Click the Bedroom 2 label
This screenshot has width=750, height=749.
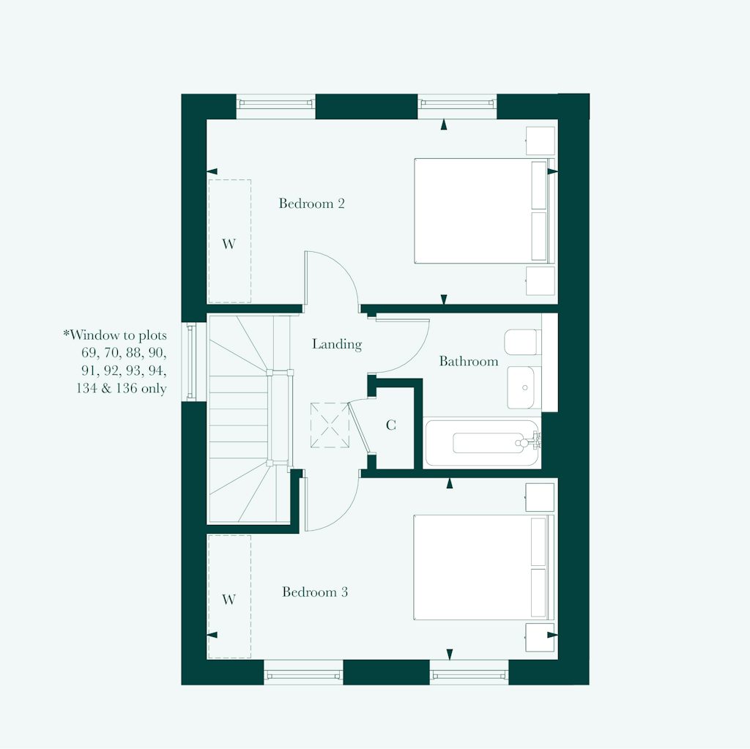[311, 204]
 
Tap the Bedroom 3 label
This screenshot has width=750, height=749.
[315, 592]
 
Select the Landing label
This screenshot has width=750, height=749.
[337, 344]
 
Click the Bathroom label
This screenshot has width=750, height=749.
[469, 361]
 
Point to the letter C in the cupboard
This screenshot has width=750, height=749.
[391, 425]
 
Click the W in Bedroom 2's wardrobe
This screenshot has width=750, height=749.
[229, 244]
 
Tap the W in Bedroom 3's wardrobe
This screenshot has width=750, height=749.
[229, 600]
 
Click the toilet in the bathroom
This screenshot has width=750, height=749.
[522, 342]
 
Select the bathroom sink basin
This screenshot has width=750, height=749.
[521, 387]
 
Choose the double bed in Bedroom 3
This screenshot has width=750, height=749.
[484, 567]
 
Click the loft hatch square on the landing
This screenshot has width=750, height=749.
[330, 425]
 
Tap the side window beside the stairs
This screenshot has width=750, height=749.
[191, 361]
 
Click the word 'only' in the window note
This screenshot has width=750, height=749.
[154, 388]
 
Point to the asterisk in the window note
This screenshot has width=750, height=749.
[66, 332]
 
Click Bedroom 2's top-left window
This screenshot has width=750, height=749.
[276, 103]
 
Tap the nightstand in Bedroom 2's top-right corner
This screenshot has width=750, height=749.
[541, 141]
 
